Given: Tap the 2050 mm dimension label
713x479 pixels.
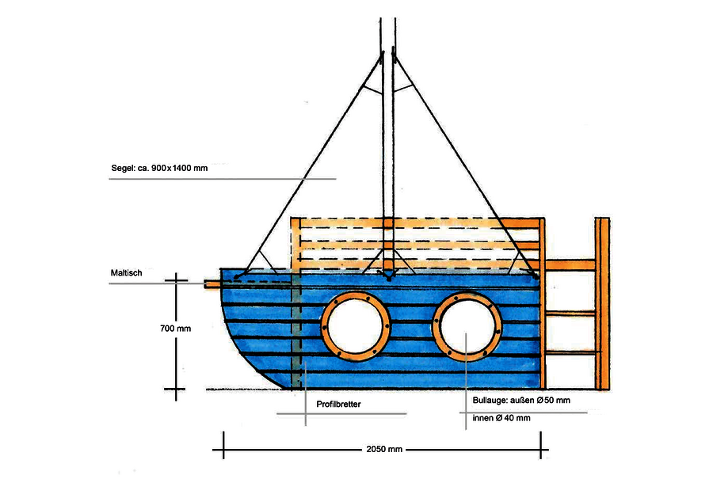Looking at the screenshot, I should (x=385, y=449).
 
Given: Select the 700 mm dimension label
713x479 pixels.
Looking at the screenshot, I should (x=174, y=327).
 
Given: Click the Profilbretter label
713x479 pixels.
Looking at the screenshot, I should (x=338, y=404).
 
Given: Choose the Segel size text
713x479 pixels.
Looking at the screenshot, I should (x=160, y=169).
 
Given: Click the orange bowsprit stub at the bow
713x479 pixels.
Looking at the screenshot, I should (x=212, y=283).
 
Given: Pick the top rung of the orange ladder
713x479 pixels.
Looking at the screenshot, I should (x=570, y=264).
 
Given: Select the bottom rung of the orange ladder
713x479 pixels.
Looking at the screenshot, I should (x=570, y=352).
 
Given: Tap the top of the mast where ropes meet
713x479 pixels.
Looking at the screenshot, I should (x=388, y=55).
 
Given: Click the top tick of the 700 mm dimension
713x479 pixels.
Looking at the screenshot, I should (x=176, y=279).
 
